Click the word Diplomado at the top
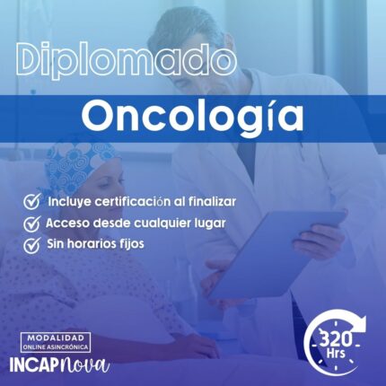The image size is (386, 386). [x=126, y=62]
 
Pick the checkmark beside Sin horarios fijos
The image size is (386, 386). [x=31, y=243]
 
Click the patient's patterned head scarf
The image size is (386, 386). [x=78, y=162]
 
